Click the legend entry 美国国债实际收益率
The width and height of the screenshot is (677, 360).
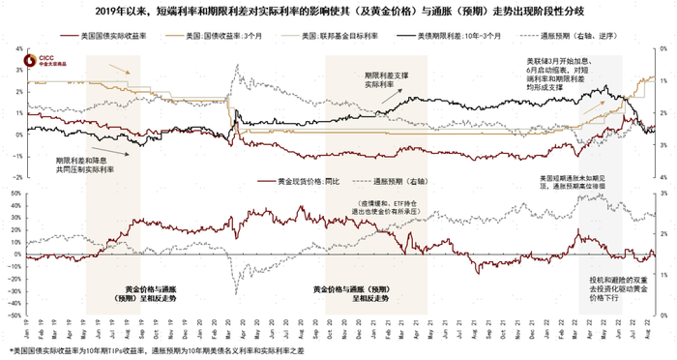click(x=102, y=35)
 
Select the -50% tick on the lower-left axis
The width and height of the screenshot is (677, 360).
click(x=16, y=315)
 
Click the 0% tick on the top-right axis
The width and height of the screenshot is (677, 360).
click(x=660, y=46)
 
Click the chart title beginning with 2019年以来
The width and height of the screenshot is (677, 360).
click(x=338, y=12)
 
